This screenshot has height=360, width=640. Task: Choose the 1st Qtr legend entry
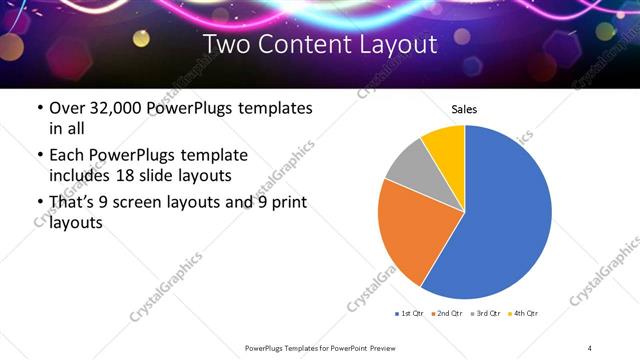[x=410, y=314]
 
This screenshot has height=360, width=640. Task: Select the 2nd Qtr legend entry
[x=447, y=314]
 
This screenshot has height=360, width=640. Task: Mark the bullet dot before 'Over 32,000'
[x=39, y=108]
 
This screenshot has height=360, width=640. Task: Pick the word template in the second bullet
[x=215, y=155]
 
